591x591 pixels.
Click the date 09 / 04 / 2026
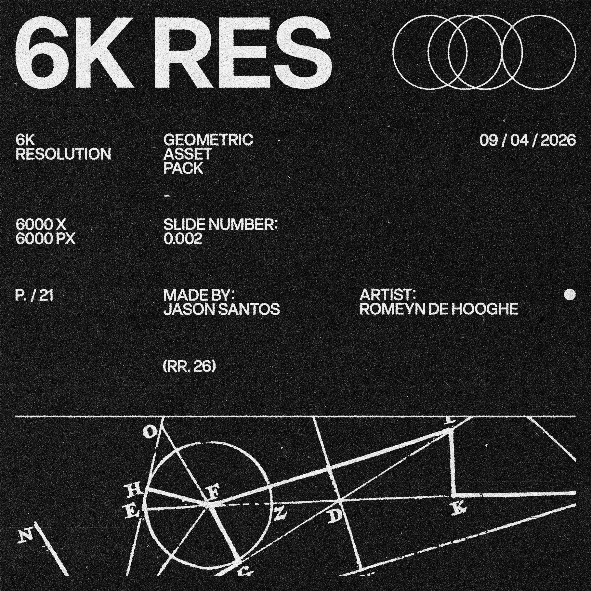527,140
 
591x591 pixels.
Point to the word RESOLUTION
63,154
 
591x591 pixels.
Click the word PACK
183,168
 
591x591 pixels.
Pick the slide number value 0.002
183,239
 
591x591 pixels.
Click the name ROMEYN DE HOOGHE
439,309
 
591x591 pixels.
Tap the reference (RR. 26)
190,367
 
